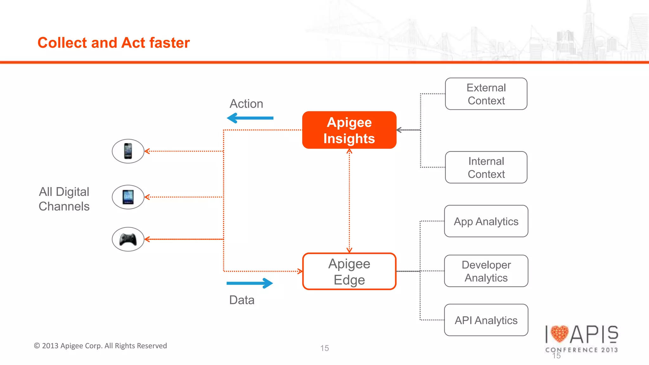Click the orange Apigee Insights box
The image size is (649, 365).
(x=349, y=130)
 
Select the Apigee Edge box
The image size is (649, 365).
(x=349, y=271)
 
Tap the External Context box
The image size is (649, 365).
(x=486, y=94)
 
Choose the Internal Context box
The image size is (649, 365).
(x=486, y=167)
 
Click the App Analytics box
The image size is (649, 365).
(x=486, y=221)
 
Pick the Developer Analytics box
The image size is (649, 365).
(x=486, y=271)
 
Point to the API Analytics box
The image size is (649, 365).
(x=486, y=320)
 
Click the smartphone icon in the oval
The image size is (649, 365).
(x=128, y=151)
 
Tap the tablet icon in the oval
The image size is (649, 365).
(x=128, y=197)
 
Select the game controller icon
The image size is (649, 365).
(x=128, y=239)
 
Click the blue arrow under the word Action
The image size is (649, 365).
(x=250, y=118)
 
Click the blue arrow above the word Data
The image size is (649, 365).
(x=250, y=283)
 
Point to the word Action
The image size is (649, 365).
(x=246, y=104)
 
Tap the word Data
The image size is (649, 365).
(x=242, y=300)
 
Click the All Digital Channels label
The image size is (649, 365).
(x=64, y=199)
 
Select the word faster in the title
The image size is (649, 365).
(x=170, y=43)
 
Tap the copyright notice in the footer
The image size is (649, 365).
(x=100, y=346)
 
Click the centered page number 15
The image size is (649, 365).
(x=324, y=348)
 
